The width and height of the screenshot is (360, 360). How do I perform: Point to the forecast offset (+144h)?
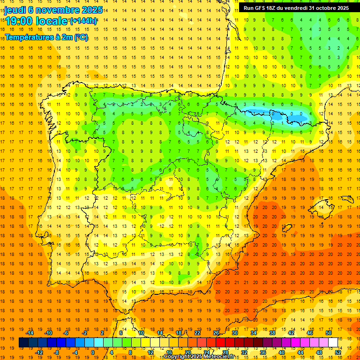coord(83,21)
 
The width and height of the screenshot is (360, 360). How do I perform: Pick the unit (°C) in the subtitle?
coord(81,37)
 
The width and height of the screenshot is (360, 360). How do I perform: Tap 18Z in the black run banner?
coord(273,8)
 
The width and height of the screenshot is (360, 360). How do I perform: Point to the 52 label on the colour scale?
coord(338,352)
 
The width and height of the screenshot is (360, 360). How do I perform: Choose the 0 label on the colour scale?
coord(93,352)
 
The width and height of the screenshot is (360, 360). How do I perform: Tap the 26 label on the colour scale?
coord(216,333)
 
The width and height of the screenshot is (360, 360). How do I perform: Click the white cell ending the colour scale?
coord(333,343)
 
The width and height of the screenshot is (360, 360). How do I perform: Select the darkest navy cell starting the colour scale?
coord(23,343)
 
